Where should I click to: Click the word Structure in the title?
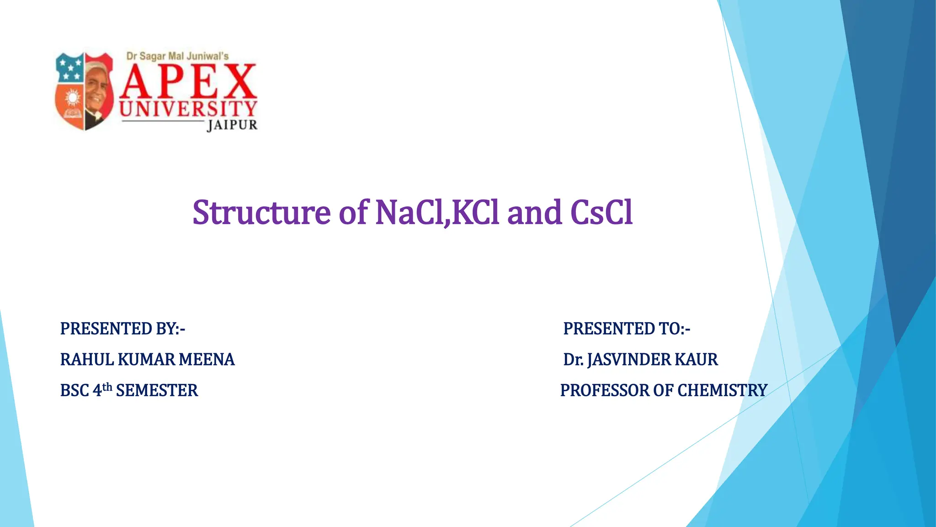tap(261, 213)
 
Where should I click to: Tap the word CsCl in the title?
tap(601, 213)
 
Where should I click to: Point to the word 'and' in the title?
tap(534, 213)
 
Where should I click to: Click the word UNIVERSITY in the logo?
tap(188, 109)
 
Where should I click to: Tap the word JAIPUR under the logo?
tap(232, 125)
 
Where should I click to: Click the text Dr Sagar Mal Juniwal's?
tap(177, 56)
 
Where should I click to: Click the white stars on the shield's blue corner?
tap(70, 68)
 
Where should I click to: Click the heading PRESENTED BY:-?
tap(122, 329)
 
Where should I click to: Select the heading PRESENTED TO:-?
tap(627, 329)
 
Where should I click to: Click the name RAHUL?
tap(87, 360)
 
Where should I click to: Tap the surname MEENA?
tap(207, 360)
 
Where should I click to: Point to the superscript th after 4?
tap(107, 387)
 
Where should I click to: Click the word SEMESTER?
tap(157, 391)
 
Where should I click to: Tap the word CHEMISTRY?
tap(722, 391)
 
